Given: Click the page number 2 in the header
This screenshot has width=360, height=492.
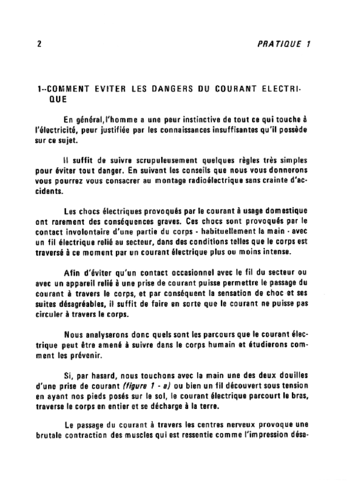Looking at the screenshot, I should click(x=38, y=44).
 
